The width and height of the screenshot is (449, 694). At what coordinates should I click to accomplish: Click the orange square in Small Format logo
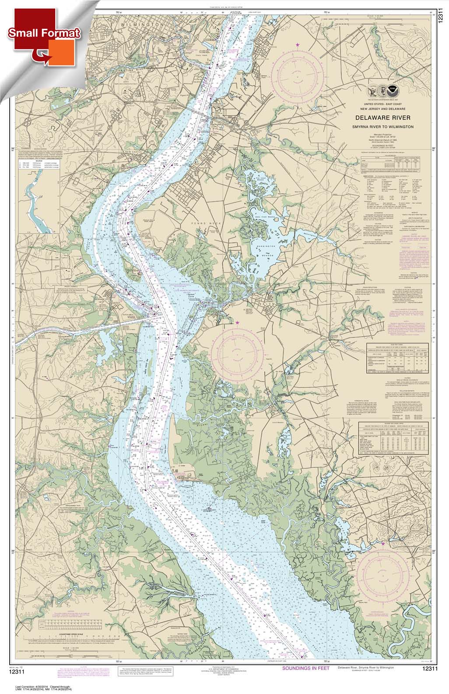pyautogui.click(x=63, y=52)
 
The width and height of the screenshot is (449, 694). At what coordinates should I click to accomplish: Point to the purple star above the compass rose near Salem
pyautogui.click(x=238, y=323)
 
